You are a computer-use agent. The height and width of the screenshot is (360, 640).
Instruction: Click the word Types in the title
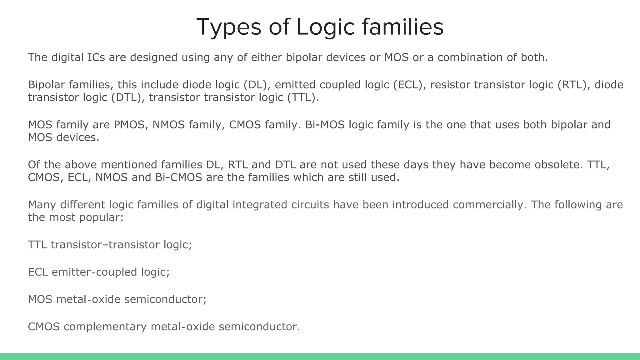(x=228, y=27)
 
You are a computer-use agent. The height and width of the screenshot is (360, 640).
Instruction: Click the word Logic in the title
(x=325, y=27)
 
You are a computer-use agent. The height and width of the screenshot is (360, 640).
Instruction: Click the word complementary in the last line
(x=105, y=327)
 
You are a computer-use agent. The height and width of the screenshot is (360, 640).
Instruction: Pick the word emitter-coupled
(x=94, y=272)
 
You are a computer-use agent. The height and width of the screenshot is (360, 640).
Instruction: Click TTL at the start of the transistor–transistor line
(x=37, y=245)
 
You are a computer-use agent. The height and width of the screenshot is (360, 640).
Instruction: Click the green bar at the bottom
(x=320, y=357)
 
